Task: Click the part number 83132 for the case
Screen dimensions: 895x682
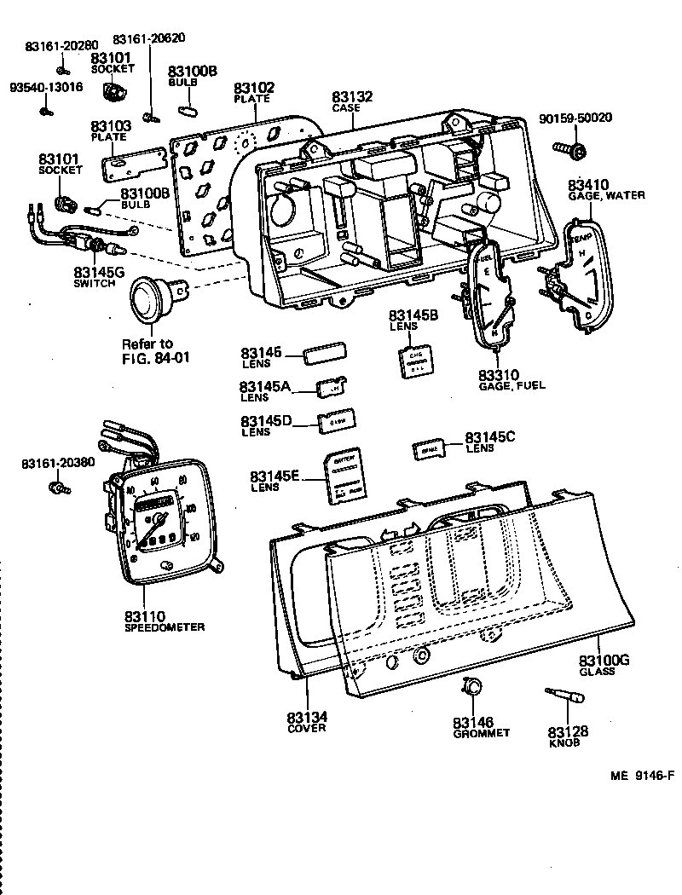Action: (x=352, y=98)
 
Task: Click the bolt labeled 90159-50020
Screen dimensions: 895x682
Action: (x=573, y=152)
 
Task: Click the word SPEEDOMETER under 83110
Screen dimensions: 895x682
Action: (x=164, y=627)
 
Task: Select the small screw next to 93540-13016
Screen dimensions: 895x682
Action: (x=50, y=107)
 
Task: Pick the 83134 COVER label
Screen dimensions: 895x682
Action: (x=306, y=722)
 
